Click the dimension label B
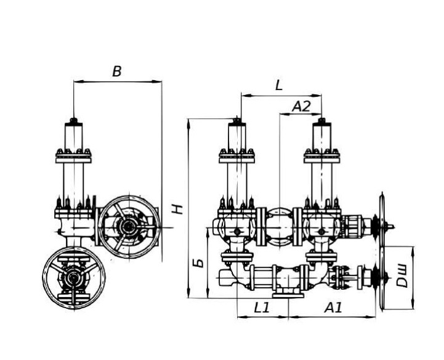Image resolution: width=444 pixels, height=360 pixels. (x=117, y=72)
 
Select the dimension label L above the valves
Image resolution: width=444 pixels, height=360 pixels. (x=279, y=85)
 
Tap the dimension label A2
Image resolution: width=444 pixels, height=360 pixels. (x=301, y=107)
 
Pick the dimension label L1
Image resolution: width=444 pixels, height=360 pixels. (x=261, y=308)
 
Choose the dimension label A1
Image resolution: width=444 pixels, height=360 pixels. (x=333, y=308)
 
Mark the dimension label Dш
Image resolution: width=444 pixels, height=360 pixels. (x=402, y=276)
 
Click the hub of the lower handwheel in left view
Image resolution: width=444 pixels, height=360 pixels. (x=73, y=279)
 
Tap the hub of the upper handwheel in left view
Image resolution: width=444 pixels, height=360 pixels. (x=129, y=226)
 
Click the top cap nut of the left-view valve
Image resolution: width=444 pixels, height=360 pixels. (x=74, y=121)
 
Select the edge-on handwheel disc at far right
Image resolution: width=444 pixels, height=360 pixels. (x=382, y=251)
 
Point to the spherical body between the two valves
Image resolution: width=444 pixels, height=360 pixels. (x=279, y=227)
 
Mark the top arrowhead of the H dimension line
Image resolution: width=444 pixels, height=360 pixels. (x=188, y=124)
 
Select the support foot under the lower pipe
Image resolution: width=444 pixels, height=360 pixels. (x=288, y=293)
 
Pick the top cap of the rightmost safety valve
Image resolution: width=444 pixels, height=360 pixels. (x=321, y=121)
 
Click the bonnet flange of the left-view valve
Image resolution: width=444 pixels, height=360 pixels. (x=74, y=157)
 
